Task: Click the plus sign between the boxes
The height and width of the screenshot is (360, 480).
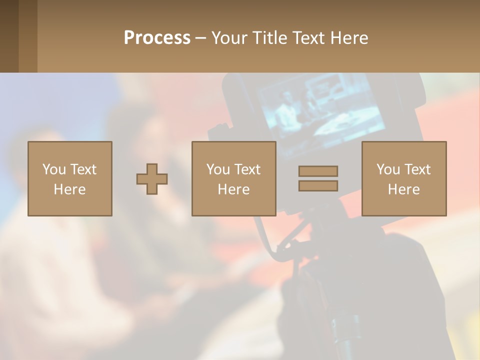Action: tap(152, 178)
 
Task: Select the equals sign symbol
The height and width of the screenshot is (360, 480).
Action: tap(318, 178)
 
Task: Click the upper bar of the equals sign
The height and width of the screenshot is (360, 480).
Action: tap(318, 171)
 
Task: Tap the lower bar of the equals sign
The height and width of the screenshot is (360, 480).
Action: tap(318, 185)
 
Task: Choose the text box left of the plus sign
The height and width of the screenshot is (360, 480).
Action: tap(70, 178)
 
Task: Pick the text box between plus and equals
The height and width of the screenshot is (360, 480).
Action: tap(234, 178)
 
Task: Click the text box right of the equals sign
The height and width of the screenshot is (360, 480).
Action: tap(404, 178)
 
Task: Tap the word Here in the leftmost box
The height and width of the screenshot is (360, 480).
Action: tap(70, 189)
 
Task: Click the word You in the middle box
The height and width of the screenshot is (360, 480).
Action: tap(218, 169)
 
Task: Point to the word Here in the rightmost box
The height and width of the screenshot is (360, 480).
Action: tap(404, 189)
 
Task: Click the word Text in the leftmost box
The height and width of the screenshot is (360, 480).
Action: tap(83, 169)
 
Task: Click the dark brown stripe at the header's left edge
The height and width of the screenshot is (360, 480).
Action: tap(9, 36)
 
